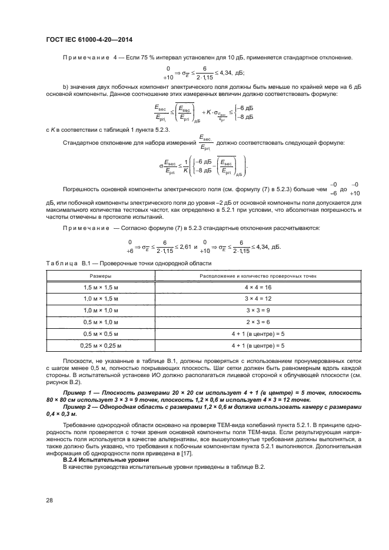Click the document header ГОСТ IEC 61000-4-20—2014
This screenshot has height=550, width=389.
(88, 39)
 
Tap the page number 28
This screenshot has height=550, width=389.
(49, 499)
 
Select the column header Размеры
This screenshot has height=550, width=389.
(101, 275)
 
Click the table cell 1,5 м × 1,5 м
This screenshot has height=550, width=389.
(101, 286)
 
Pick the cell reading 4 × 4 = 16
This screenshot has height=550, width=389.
(258, 286)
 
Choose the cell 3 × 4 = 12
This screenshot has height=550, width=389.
(258, 298)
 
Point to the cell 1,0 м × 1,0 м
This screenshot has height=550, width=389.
(101, 310)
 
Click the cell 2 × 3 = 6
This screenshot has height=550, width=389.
(258, 322)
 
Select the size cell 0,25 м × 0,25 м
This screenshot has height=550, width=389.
(101, 345)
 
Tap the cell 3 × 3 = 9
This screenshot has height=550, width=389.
(258, 310)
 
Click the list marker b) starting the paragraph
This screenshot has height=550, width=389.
(64, 88)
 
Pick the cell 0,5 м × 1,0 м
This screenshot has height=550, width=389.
(101, 322)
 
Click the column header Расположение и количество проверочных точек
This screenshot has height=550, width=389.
(258, 275)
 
